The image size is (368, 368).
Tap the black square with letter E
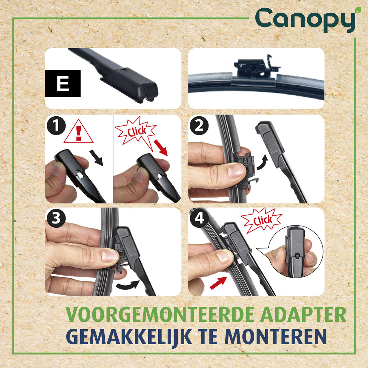(x=63, y=83)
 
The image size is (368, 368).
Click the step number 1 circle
(x=56, y=125)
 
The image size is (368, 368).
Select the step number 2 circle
(x=199, y=125)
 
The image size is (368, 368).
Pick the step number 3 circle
(x=56, y=218)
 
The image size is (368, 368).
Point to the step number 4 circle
(x=199, y=218)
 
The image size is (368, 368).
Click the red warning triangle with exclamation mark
(x=78, y=132)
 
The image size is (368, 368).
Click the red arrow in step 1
(x=161, y=148)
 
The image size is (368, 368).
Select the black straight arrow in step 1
(x=96, y=158)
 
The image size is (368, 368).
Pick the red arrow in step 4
(x=218, y=283)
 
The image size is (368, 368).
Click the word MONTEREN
(x=276, y=336)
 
